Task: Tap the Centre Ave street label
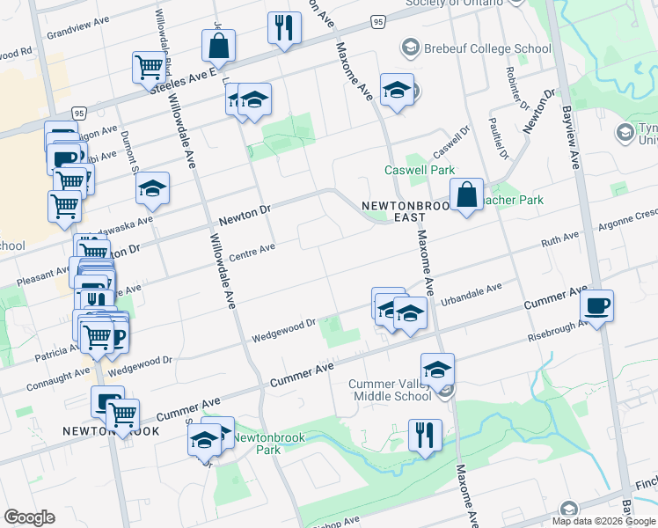(x=252, y=252)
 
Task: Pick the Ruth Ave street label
(x=559, y=238)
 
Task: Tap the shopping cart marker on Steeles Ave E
(x=150, y=67)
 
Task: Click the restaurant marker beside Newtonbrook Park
(x=425, y=436)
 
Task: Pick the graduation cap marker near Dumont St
(x=152, y=189)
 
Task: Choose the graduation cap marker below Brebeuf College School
(x=397, y=90)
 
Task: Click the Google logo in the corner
(x=29, y=517)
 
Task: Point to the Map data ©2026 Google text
(x=603, y=521)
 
